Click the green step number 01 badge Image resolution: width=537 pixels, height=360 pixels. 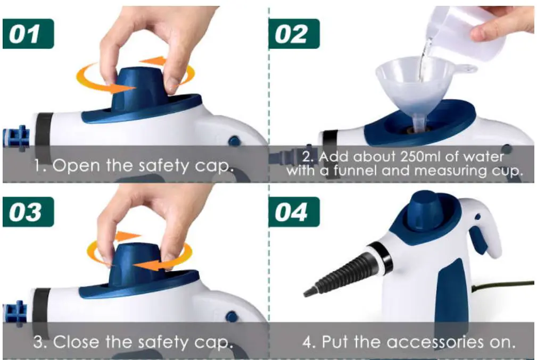click(28, 34)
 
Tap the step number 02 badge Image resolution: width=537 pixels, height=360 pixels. click(294, 34)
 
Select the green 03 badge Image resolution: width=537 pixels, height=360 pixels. click(28, 212)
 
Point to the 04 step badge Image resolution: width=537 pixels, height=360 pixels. click(294, 212)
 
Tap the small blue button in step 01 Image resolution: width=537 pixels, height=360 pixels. click(234, 141)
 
